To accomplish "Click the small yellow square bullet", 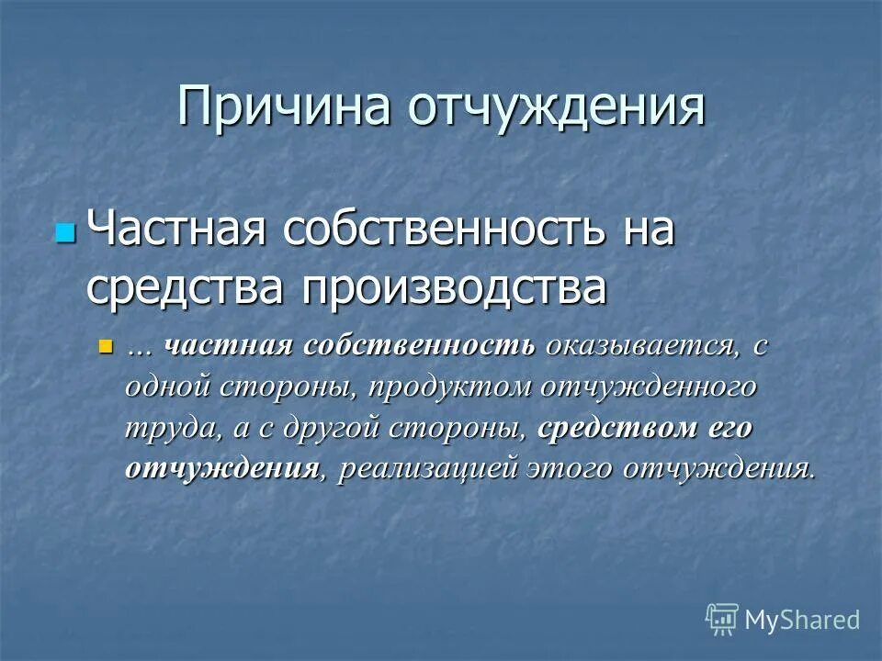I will tap(105, 347).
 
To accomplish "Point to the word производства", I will tap(455, 287).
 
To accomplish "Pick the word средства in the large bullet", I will tap(183, 287).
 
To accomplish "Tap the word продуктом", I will tap(448, 387).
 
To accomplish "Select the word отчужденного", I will tap(649, 387).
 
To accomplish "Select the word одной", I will tap(167, 387).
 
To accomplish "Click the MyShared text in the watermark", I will tap(803, 619).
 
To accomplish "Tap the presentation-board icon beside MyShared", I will tap(722, 619).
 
